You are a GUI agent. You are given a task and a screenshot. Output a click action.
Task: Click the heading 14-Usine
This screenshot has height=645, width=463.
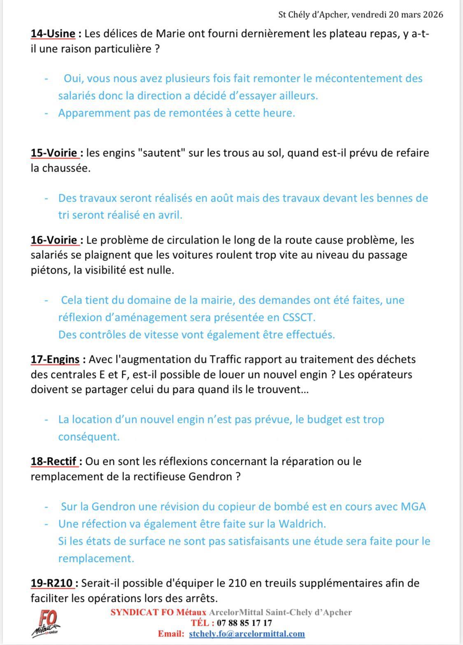(x=53, y=34)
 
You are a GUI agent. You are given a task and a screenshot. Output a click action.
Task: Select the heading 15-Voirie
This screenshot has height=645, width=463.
(x=55, y=153)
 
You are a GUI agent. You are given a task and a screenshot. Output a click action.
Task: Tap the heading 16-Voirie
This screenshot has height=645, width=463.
(x=55, y=240)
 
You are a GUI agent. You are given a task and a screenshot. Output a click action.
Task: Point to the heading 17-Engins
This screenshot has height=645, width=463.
(x=55, y=359)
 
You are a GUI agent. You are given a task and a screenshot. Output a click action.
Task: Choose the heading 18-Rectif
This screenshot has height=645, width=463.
(x=54, y=461)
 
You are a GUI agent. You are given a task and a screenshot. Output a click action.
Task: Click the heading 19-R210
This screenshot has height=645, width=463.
(x=52, y=583)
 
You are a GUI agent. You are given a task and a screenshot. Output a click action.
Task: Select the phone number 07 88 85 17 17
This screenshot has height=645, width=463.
(x=244, y=623)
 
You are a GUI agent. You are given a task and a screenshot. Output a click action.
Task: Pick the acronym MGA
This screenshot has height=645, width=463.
(x=413, y=506)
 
